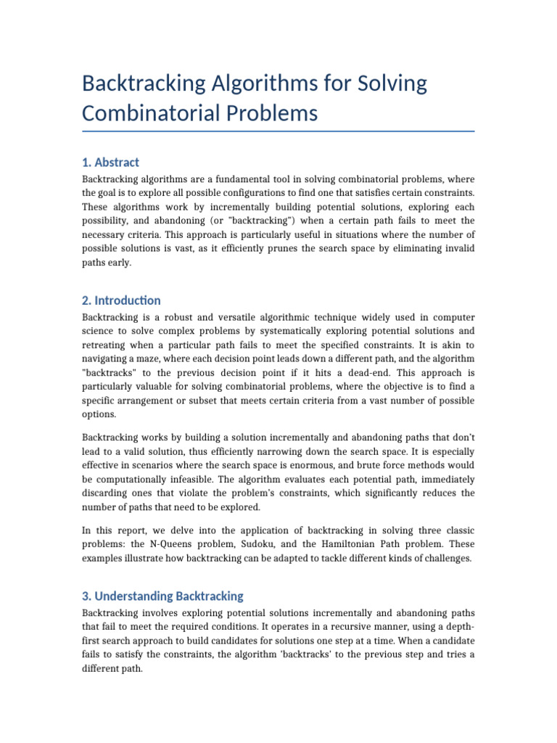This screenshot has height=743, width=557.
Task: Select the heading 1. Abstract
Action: click(x=110, y=162)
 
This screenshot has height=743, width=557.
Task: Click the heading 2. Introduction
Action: click(x=121, y=300)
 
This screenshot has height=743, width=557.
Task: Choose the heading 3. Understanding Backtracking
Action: click(x=162, y=596)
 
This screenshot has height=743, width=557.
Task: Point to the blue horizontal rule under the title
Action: click(x=278, y=131)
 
